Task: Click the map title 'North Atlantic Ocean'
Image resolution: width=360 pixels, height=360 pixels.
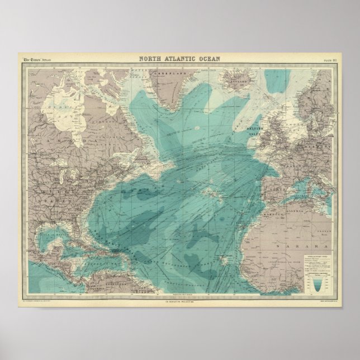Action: pyautogui.click(x=180, y=58)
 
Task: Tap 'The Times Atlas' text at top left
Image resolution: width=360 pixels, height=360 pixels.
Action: pyautogui.click(x=36, y=60)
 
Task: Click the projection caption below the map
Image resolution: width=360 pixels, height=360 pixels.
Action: pyautogui.click(x=180, y=302)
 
